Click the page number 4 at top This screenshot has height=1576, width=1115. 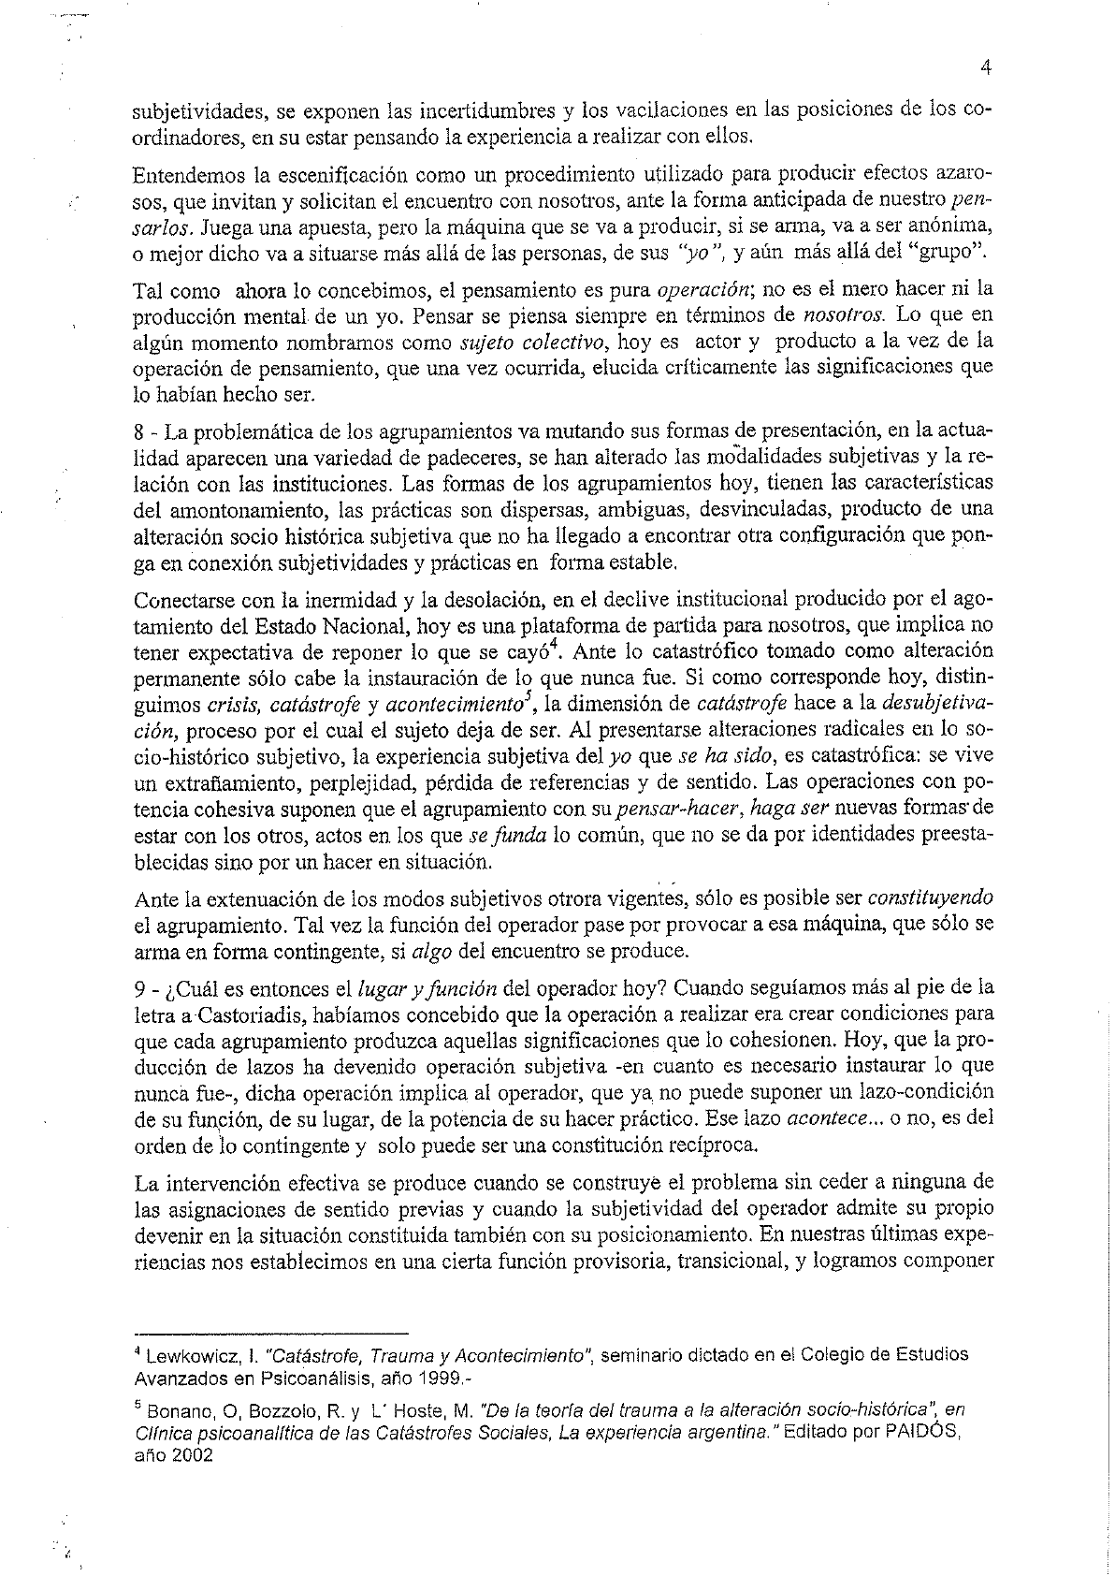coord(986,66)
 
